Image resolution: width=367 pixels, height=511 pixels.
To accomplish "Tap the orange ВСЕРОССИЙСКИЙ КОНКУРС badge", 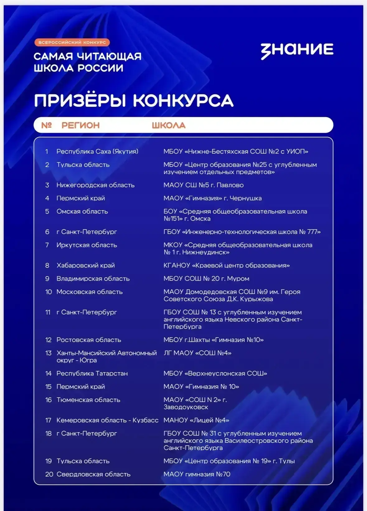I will (72, 42).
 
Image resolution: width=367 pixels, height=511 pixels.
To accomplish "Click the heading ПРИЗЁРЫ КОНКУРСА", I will (134, 101).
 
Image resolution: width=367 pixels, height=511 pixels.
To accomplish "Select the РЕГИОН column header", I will (81, 125).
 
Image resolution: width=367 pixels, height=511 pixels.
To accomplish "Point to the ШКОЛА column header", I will (168, 125).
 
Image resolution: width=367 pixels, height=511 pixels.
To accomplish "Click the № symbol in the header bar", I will (46, 125).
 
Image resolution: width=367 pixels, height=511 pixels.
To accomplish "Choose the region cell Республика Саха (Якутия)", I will (97, 152).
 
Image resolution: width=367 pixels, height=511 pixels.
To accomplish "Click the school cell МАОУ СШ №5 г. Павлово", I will (203, 185).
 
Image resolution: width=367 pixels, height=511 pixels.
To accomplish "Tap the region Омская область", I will (82, 211).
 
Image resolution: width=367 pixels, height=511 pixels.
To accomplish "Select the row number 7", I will (47, 245).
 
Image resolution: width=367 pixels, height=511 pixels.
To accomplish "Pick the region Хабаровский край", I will (86, 266).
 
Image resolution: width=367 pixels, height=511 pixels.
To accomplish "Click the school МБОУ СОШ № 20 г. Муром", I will (206, 279).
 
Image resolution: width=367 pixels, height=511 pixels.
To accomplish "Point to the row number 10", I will (49, 292).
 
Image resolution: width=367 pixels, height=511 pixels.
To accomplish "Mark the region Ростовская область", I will (89, 340).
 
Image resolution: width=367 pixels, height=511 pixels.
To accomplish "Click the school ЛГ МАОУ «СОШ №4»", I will (197, 353).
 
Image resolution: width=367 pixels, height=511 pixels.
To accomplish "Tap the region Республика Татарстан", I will (92, 373).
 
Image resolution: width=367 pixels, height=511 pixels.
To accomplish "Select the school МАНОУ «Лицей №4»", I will (196, 420).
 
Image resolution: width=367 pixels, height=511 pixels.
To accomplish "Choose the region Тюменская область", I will (88, 400).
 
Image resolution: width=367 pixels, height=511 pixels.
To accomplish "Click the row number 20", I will (49, 474).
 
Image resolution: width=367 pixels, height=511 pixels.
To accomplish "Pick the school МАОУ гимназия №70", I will (197, 474).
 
